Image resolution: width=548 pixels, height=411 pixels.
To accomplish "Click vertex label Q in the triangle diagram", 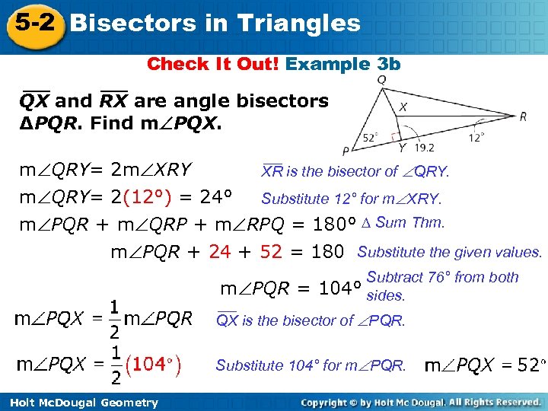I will pyautogui.click(x=381, y=79).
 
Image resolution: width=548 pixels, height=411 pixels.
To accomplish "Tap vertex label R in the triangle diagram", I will pyautogui.click(x=523, y=116).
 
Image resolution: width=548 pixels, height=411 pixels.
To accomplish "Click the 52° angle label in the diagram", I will pyautogui.click(x=370, y=138).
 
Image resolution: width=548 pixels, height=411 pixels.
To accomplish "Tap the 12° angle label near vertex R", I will pyautogui.click(x=476, y=137).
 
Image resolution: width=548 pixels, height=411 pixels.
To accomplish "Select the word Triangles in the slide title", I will pyautogui.click(x=299, y=23).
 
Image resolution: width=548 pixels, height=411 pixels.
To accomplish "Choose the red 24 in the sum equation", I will pyautogui.click(x=220, y=251).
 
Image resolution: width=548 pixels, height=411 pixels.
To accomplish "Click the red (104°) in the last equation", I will pyautogui.click(x=155, y=365).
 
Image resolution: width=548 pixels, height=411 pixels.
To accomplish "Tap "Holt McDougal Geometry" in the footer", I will pyautogui.click(x=84, y=403).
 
